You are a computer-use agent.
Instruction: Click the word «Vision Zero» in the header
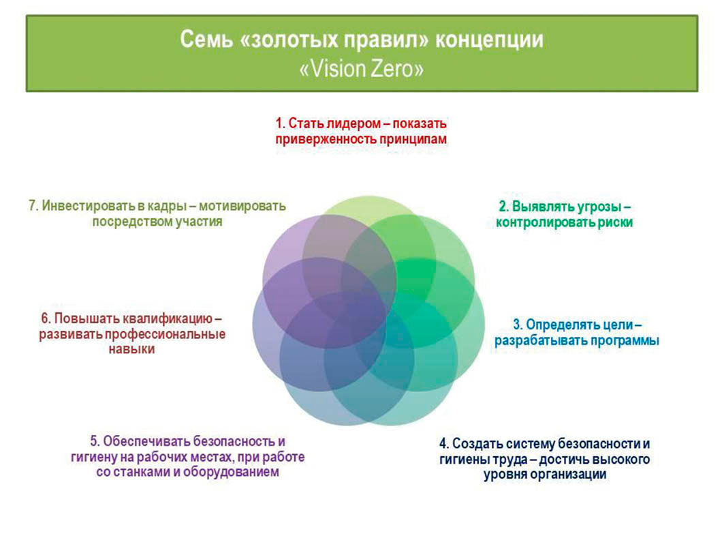[x=362, y=70]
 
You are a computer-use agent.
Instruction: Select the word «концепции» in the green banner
[x=490, y=40]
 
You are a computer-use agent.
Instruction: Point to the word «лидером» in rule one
[x=352, y=123]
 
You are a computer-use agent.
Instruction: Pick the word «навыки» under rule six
[x=131, y=349]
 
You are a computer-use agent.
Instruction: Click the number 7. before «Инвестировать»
[x=33, y=206]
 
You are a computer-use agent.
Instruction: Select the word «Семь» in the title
[x=206, y=40]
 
